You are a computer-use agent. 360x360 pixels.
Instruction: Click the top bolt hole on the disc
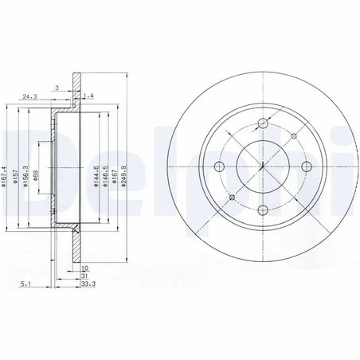point(263,123)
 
